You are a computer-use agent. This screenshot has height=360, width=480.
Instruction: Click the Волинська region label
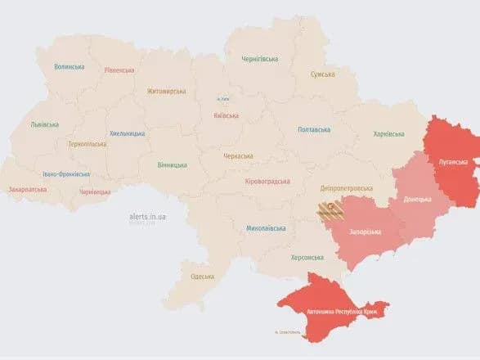tap(70, 67)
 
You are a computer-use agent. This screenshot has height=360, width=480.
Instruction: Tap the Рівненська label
tap(119, 70)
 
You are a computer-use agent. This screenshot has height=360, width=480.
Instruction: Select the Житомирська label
tap(167, 92)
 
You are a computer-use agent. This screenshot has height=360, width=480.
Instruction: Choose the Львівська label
tap(44, 124)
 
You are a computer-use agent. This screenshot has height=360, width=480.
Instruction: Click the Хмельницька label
tap(127, 133)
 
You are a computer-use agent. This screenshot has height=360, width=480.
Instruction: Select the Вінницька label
tap(173, 164)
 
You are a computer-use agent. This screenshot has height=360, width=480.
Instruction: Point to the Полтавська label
tap(314, 129)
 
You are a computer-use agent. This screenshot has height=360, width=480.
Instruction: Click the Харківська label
tap(388, 133)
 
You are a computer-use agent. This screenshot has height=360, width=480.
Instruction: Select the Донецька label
tap(419, 199)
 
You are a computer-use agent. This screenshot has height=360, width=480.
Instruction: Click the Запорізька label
tap(365, 232)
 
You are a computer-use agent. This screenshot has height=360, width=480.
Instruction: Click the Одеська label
tap(201, 277)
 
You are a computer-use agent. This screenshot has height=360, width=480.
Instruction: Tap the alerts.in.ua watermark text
tap(148, 216)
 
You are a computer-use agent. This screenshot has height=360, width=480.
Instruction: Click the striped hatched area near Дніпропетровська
tap(330, 211)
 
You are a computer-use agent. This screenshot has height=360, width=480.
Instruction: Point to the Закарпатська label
tap(29, 189)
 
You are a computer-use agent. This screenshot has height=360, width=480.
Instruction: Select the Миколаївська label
tap(266, 228)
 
